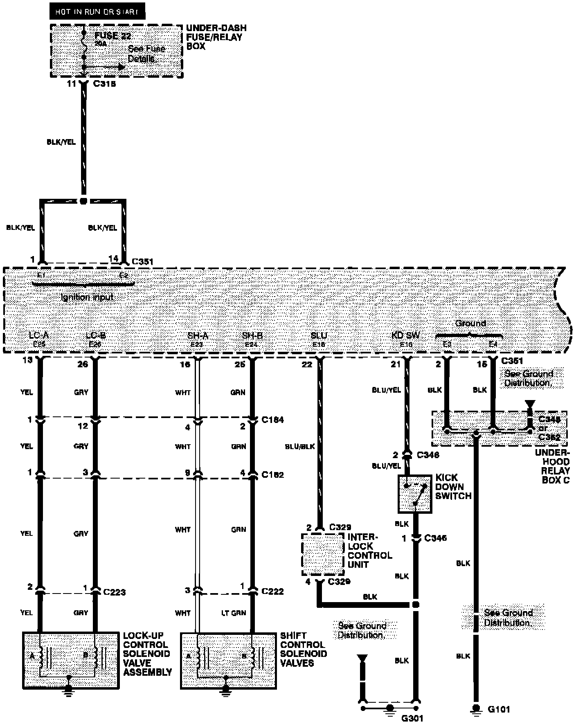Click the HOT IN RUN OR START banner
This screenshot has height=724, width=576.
click(x=97, y=11)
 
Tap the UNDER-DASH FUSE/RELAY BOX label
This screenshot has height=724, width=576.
click(x=216, y=37)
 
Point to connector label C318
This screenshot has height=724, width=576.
click(x=105, y=84)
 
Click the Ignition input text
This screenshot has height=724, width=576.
click(x=87, y=297)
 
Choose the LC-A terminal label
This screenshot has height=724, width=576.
click(x=39, y=336)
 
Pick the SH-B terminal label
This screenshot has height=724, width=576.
click(x=252, y=336)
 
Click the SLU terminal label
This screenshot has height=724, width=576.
click(x=319, y=336)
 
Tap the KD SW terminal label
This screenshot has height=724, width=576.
click(x=405, y=336)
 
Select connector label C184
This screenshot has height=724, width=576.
click(x=272, y=420)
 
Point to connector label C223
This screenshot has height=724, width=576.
click(x=114, y=592)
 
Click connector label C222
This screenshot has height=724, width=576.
click(x=272, y=591)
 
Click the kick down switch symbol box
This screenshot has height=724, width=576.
click(x=414, y=494)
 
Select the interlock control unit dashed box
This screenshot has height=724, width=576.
click(x=322, y=554)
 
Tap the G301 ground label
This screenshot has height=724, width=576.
click(x=412, y=718)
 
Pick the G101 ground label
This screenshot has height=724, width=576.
click(x=499, y=709)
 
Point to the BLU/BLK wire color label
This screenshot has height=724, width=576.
click(x=300, y=447)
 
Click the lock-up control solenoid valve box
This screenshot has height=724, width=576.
click(x=71, y=660)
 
